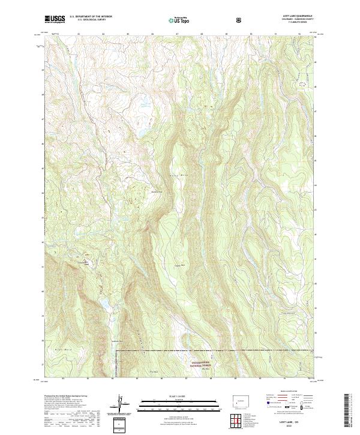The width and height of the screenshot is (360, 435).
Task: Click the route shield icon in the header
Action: [x=240, y=20]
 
